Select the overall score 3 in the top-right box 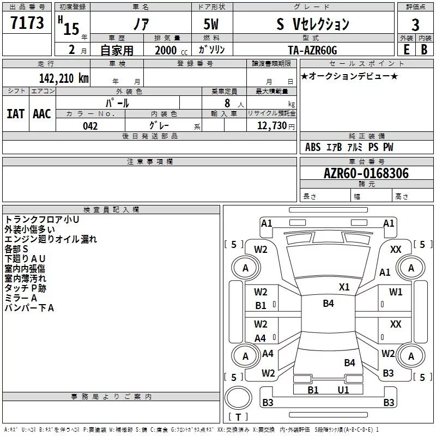pyautogui.click(x=415, y=25)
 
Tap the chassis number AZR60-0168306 pyautogui.click(x=366, y=173)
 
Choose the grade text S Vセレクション pyautogui.click(x=312, y=24)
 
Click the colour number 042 pyautogui.click(x=90, y=126)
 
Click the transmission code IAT pyautogui.click(x=15, y=113)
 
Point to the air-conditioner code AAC pyautogui.click(x=41, y=113)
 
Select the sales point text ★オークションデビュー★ pyautogui.click(x=349, y=76)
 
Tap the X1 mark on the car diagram pyautogui.click(x=344, y=287)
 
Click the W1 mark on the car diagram pyautogui.click(x=396, y=292)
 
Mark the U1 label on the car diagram pyautogui.click(x=343, y=390)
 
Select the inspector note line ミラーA pyautogui.click(x=20, y=298)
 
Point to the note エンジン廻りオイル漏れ pyautogui.click(x=50, y=239)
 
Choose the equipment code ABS pyautogui.click(x=313, y=147)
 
